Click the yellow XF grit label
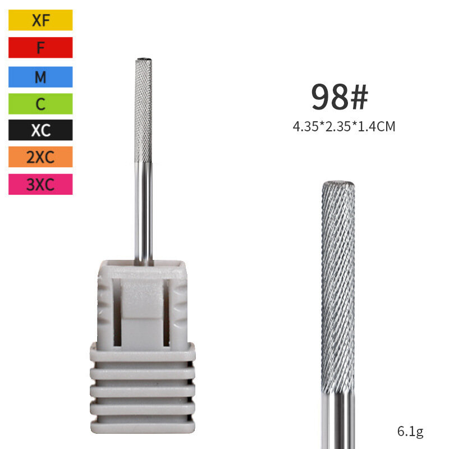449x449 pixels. tap(40, 20)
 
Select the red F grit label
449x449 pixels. tap(40, 48)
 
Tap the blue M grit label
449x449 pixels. tap(40, 77)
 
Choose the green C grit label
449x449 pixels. tap(40, 104)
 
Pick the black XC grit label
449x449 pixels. tap(40, 130)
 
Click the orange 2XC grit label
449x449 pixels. tap(40, 157)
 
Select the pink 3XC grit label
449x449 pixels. tap(40, 184)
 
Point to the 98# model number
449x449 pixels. tap(340, 97)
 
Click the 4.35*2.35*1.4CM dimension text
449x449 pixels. tap(344, 126)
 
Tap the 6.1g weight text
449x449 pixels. tap(410, 431)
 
